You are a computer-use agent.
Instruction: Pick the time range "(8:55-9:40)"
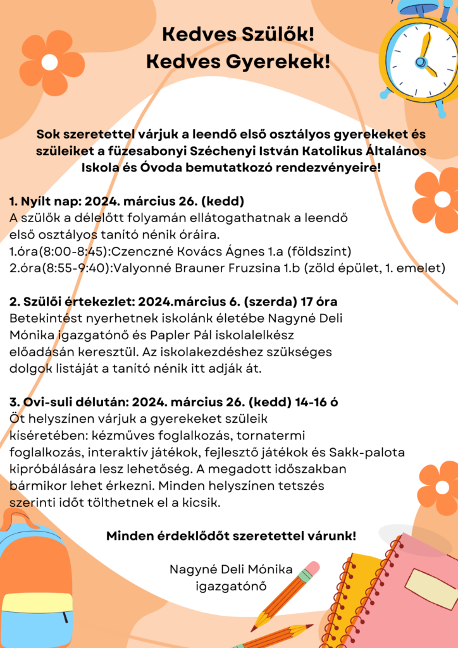(77, 268)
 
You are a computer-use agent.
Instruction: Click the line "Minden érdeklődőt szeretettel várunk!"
(231, 536)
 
